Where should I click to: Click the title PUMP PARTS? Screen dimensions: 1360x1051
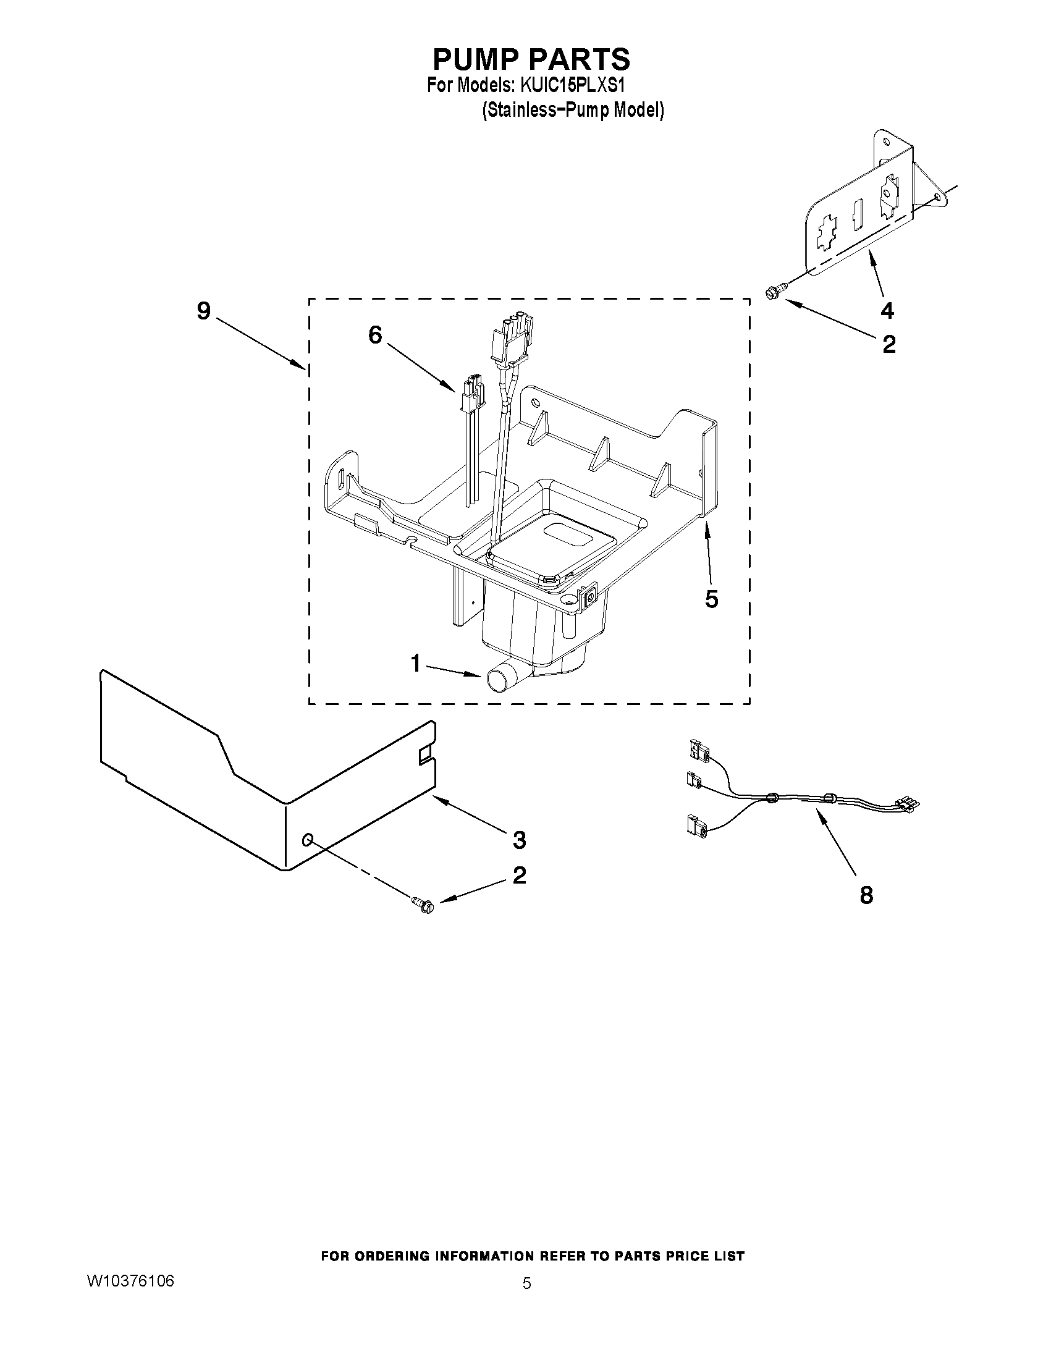point(531,59)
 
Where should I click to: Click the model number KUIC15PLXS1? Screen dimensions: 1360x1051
point(568,85)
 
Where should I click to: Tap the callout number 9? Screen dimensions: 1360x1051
point(204,311)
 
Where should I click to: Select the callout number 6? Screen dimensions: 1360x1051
point(375,335)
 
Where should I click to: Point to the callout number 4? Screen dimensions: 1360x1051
point(887,310)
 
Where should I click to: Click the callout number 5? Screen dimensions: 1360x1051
point(711,599)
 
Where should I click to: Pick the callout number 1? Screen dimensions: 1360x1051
point(416,664)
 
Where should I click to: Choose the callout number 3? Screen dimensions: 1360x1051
point(519,840)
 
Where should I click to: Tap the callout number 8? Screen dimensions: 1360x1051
point(866,895)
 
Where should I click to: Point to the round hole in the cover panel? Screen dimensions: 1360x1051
point(307,842)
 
